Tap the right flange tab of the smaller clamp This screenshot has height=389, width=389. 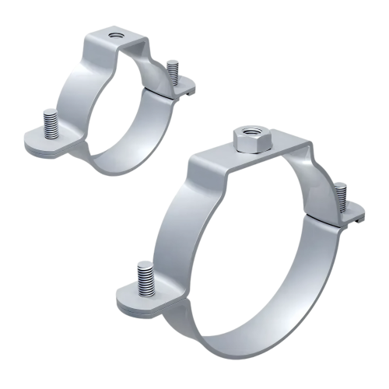click(x=180, y=91)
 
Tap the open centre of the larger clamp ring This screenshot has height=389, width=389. click(x=257, y=249)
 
